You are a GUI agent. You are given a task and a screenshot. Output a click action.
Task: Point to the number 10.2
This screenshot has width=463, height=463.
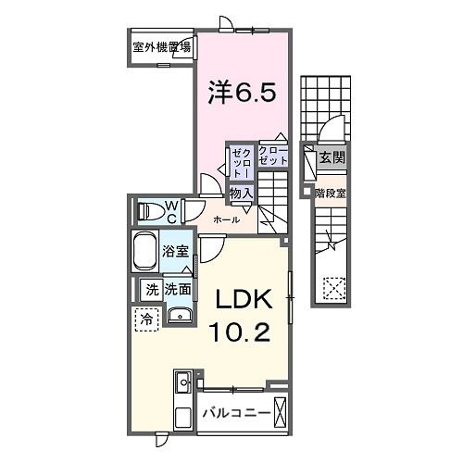[x=241, y=332]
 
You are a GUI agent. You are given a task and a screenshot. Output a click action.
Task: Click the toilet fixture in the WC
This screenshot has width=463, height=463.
[x=148, y=211]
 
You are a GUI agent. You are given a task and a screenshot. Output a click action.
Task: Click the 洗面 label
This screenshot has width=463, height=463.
[x=179, y=290]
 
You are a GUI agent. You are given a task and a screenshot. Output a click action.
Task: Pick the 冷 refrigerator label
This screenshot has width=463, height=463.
[x=146, y=319]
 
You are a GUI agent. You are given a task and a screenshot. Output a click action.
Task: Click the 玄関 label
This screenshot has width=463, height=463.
[x=332, y=158]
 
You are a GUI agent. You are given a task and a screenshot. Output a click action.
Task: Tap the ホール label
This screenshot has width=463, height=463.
[x=227, y=219]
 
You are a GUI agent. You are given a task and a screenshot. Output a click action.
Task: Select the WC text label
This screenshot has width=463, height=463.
[x=171, y=211]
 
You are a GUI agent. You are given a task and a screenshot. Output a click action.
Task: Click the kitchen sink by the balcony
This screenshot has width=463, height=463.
[x=181, y=382]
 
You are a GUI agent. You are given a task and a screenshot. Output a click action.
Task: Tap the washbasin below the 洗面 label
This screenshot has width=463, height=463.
[x=181, y=314]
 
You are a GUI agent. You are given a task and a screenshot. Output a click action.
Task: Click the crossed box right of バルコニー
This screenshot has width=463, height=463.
[x=281, y=410]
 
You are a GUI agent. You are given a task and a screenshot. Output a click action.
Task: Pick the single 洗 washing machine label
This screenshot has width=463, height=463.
[x=151, y=290]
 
